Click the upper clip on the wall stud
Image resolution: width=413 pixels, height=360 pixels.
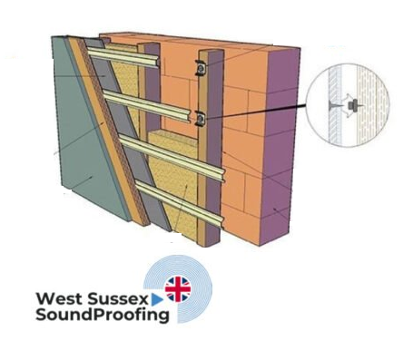(197, 68)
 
